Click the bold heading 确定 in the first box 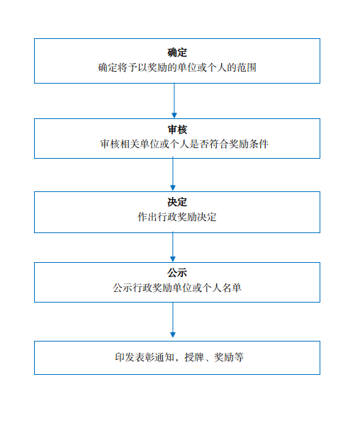[x=177, y=52]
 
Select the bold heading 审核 [x=177, y=130]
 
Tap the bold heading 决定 [x=177, y=202]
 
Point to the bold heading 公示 [x=177, y=273]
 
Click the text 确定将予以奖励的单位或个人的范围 [x=177, y=67]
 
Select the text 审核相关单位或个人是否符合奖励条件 [x=184, y=144]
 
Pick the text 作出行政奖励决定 [x=177, y=217]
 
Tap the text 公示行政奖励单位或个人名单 [x=177, y=288]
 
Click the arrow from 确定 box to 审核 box [x=174, y=101]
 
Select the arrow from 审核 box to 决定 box [x=173, y=174]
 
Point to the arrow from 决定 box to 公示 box [x=173, y=247]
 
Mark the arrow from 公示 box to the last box [x=173, y=320]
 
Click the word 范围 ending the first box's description [x=247, y=67]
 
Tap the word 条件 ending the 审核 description [x=259, y=144]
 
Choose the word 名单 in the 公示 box [x=232, y=288]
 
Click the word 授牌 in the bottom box [x=194, y=357]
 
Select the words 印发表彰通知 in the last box [x=145, y=357]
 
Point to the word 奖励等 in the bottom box [x=229, y=357]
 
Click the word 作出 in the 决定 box [x=147, y=217]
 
